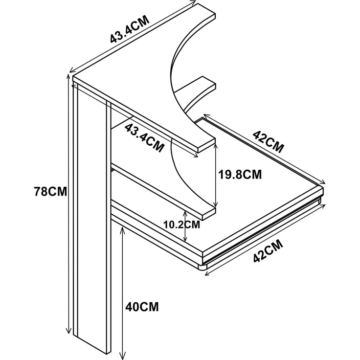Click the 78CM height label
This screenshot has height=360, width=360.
click(x=50, y=191)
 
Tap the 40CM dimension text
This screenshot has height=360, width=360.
click(x=142, y=307)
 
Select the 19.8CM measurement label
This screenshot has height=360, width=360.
click(x=240, y=175)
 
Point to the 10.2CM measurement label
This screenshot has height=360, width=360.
click(x=181, y=225)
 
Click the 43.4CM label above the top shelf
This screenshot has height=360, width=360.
click(x=130, y=29)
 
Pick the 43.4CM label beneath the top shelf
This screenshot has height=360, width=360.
click(x=145, y=138)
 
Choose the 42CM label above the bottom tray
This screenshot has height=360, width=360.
click(x=269, y=142)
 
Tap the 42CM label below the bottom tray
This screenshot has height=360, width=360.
click(x=268, y=251)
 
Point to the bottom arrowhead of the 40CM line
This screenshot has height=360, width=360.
click(x=123, y=357)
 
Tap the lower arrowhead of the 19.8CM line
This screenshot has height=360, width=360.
click(x=215, y=204)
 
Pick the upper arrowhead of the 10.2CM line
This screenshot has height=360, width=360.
click(x=185, y=213)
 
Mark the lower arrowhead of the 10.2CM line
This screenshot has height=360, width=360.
click(x=185, y=239)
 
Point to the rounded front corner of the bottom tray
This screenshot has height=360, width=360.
click(x=202, y=267)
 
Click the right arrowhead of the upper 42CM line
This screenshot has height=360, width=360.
click(x=323, y=182)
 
